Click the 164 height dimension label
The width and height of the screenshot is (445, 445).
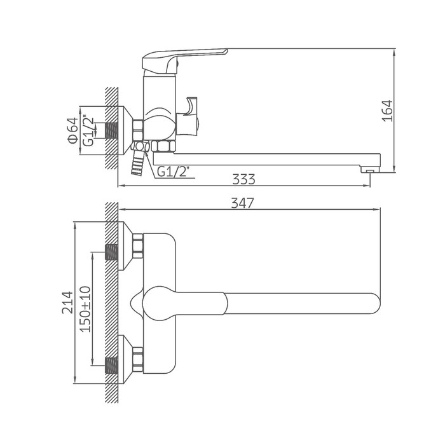pos(388,111)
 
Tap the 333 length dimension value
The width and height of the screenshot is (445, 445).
pos(243,179)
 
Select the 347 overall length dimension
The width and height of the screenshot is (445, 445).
pos(242,203)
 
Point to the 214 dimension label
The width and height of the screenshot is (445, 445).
pos(67,302)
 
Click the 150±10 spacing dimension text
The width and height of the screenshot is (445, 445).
pos(85,309)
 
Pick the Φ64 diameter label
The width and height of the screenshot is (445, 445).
pos(72,130)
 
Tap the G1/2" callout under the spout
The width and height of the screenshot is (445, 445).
pos(173,172)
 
